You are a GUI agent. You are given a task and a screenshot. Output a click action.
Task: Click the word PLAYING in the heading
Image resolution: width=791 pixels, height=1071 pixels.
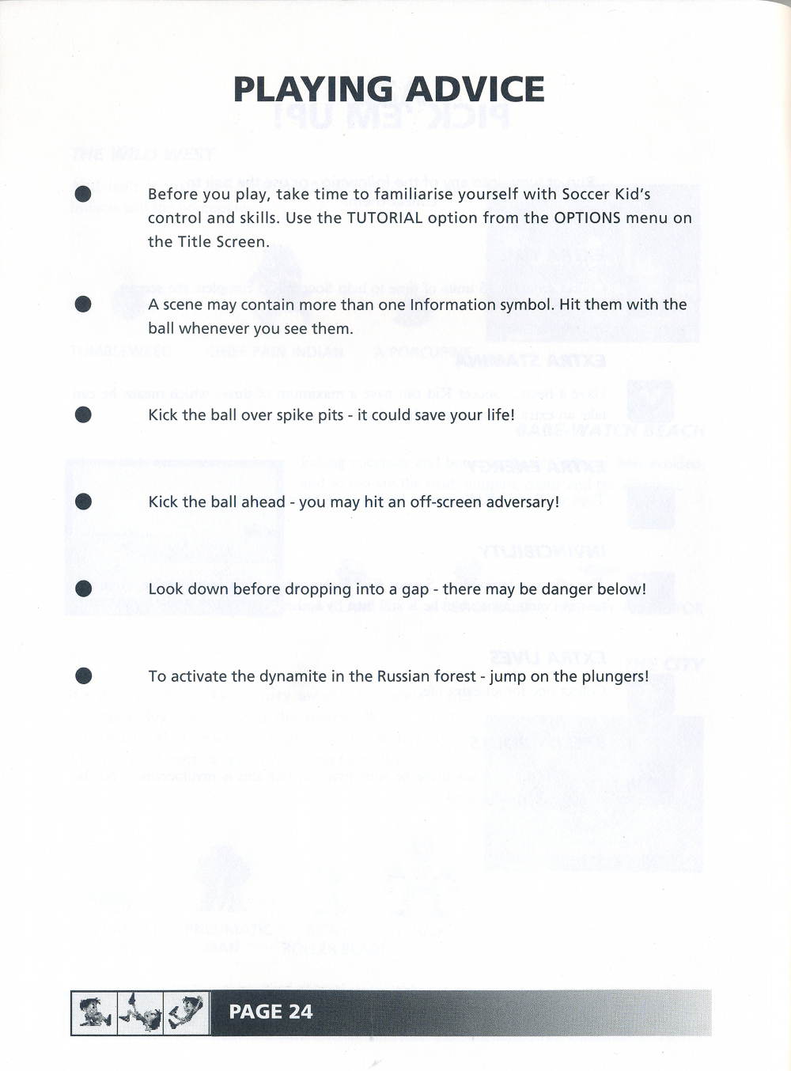(312, 89)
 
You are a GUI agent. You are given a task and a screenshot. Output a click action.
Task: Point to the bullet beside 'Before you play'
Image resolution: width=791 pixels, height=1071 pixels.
(83, 195)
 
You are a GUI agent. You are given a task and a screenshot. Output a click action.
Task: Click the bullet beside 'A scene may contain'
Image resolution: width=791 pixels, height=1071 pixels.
(83, 305)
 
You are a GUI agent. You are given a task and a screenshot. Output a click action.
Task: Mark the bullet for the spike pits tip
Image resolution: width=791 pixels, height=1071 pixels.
(83, 415)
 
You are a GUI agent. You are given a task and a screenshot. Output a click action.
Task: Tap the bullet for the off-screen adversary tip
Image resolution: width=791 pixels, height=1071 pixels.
(83, 502)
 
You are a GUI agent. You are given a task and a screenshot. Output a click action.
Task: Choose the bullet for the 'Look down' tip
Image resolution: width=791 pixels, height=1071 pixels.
(83, 589)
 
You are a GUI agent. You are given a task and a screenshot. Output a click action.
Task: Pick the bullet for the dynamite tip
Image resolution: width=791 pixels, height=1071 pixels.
(83, 676)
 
